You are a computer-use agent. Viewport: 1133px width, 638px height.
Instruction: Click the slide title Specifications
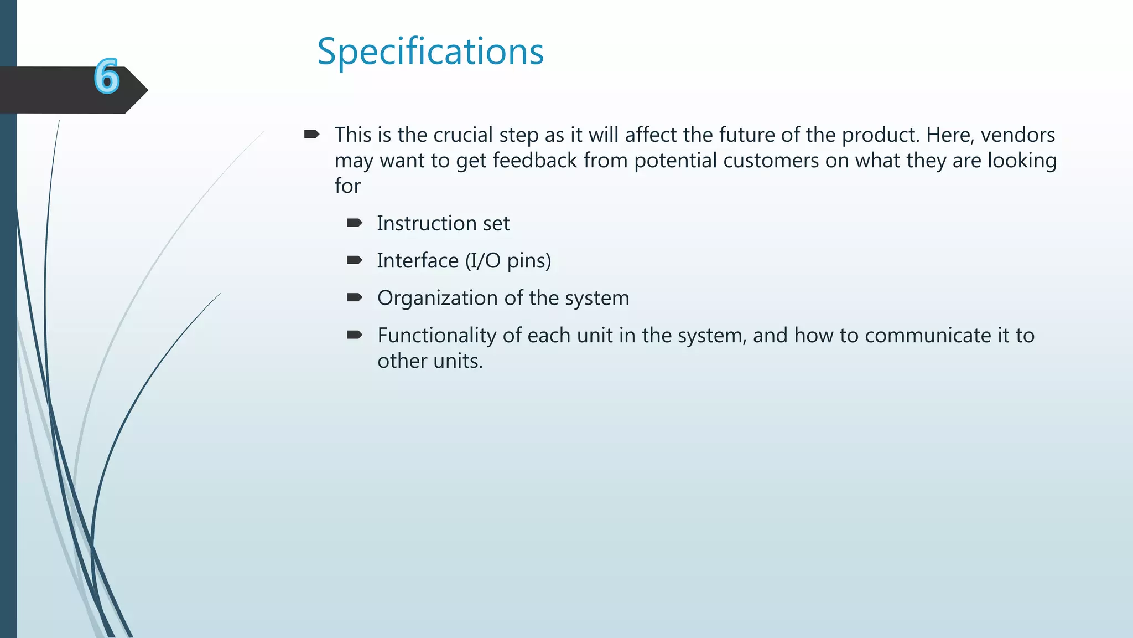[430, 52]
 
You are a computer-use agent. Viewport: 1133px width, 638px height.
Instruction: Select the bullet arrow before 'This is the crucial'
[311, 134]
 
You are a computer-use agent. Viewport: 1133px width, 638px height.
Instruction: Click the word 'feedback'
[534, 161]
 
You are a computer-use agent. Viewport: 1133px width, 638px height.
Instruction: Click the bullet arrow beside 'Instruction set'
[354, 223]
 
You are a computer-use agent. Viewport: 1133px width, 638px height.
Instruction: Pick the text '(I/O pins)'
[508, 261]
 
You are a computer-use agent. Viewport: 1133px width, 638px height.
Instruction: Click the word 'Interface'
[418, 261]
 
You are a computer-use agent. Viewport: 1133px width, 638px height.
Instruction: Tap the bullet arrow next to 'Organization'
[354, 297]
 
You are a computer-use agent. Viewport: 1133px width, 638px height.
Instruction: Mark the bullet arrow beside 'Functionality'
[354, 335]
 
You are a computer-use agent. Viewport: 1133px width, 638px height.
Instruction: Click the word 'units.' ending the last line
[458, 361]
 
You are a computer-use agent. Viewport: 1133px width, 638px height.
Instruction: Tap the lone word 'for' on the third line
[347, 186]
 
